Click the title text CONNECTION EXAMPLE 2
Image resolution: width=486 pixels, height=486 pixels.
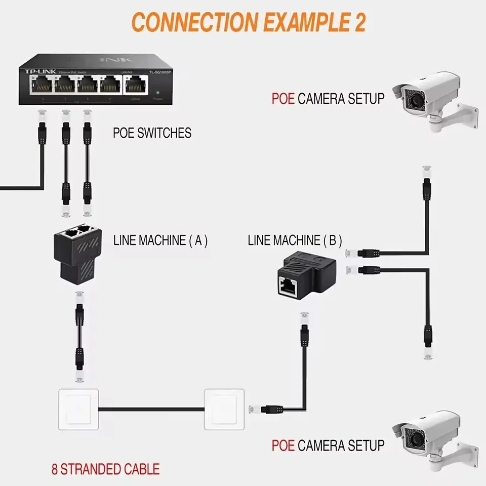click(x=249, y=23)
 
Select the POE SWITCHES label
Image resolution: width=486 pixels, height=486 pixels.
click(x=152, y=133)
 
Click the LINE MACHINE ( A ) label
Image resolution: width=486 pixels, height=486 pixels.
click(x=160, y=240)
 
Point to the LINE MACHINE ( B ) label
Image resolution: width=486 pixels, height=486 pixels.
click(x=295, y=240)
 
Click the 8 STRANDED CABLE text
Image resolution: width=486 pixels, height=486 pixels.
click(x=105, y=469)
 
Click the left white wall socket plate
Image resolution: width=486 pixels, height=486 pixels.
click(x=78, y=409)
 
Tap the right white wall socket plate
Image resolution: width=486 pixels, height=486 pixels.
click(x=224, y=409)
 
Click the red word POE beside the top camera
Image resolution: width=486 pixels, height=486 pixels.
click(x=283, y=98)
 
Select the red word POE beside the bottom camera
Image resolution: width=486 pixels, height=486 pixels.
click(x=283, y=445)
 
